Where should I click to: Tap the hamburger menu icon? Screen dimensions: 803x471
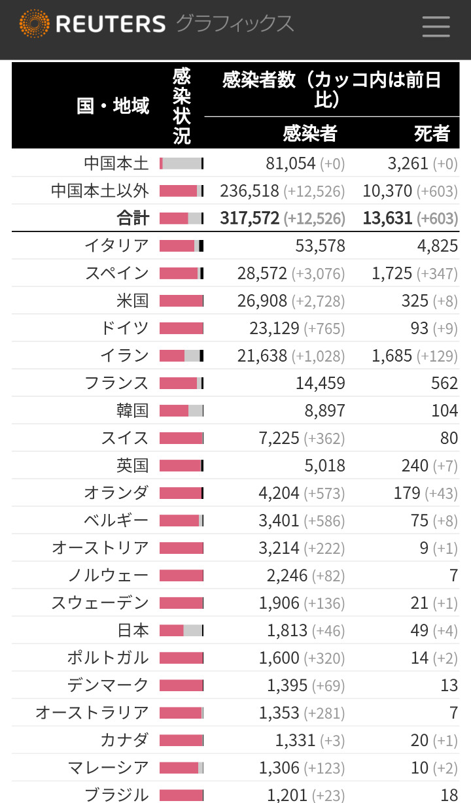436,26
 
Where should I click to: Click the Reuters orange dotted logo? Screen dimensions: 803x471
34,24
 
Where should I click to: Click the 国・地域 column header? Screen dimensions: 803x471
113,105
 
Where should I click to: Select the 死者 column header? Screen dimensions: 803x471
432,133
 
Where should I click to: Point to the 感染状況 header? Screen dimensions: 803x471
182,105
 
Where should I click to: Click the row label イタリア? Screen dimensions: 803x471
116,246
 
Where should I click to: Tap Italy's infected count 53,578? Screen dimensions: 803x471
320,246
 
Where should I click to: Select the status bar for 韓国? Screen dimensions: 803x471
181,411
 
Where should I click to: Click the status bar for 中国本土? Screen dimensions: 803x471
181,163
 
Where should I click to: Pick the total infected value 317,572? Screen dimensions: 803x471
249,218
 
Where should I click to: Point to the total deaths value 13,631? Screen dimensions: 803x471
387,218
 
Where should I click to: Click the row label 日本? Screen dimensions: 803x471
133,630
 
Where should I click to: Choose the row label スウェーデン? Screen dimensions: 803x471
100,603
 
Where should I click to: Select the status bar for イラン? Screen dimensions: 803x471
181,356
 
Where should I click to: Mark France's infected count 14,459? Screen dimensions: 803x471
320,383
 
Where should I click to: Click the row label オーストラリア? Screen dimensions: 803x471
92,713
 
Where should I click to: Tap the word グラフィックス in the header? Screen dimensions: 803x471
234,24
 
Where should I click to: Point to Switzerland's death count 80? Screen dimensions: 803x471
449,438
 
